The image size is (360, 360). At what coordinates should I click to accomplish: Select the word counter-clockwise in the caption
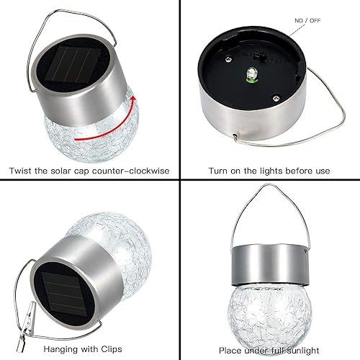[130, 171]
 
